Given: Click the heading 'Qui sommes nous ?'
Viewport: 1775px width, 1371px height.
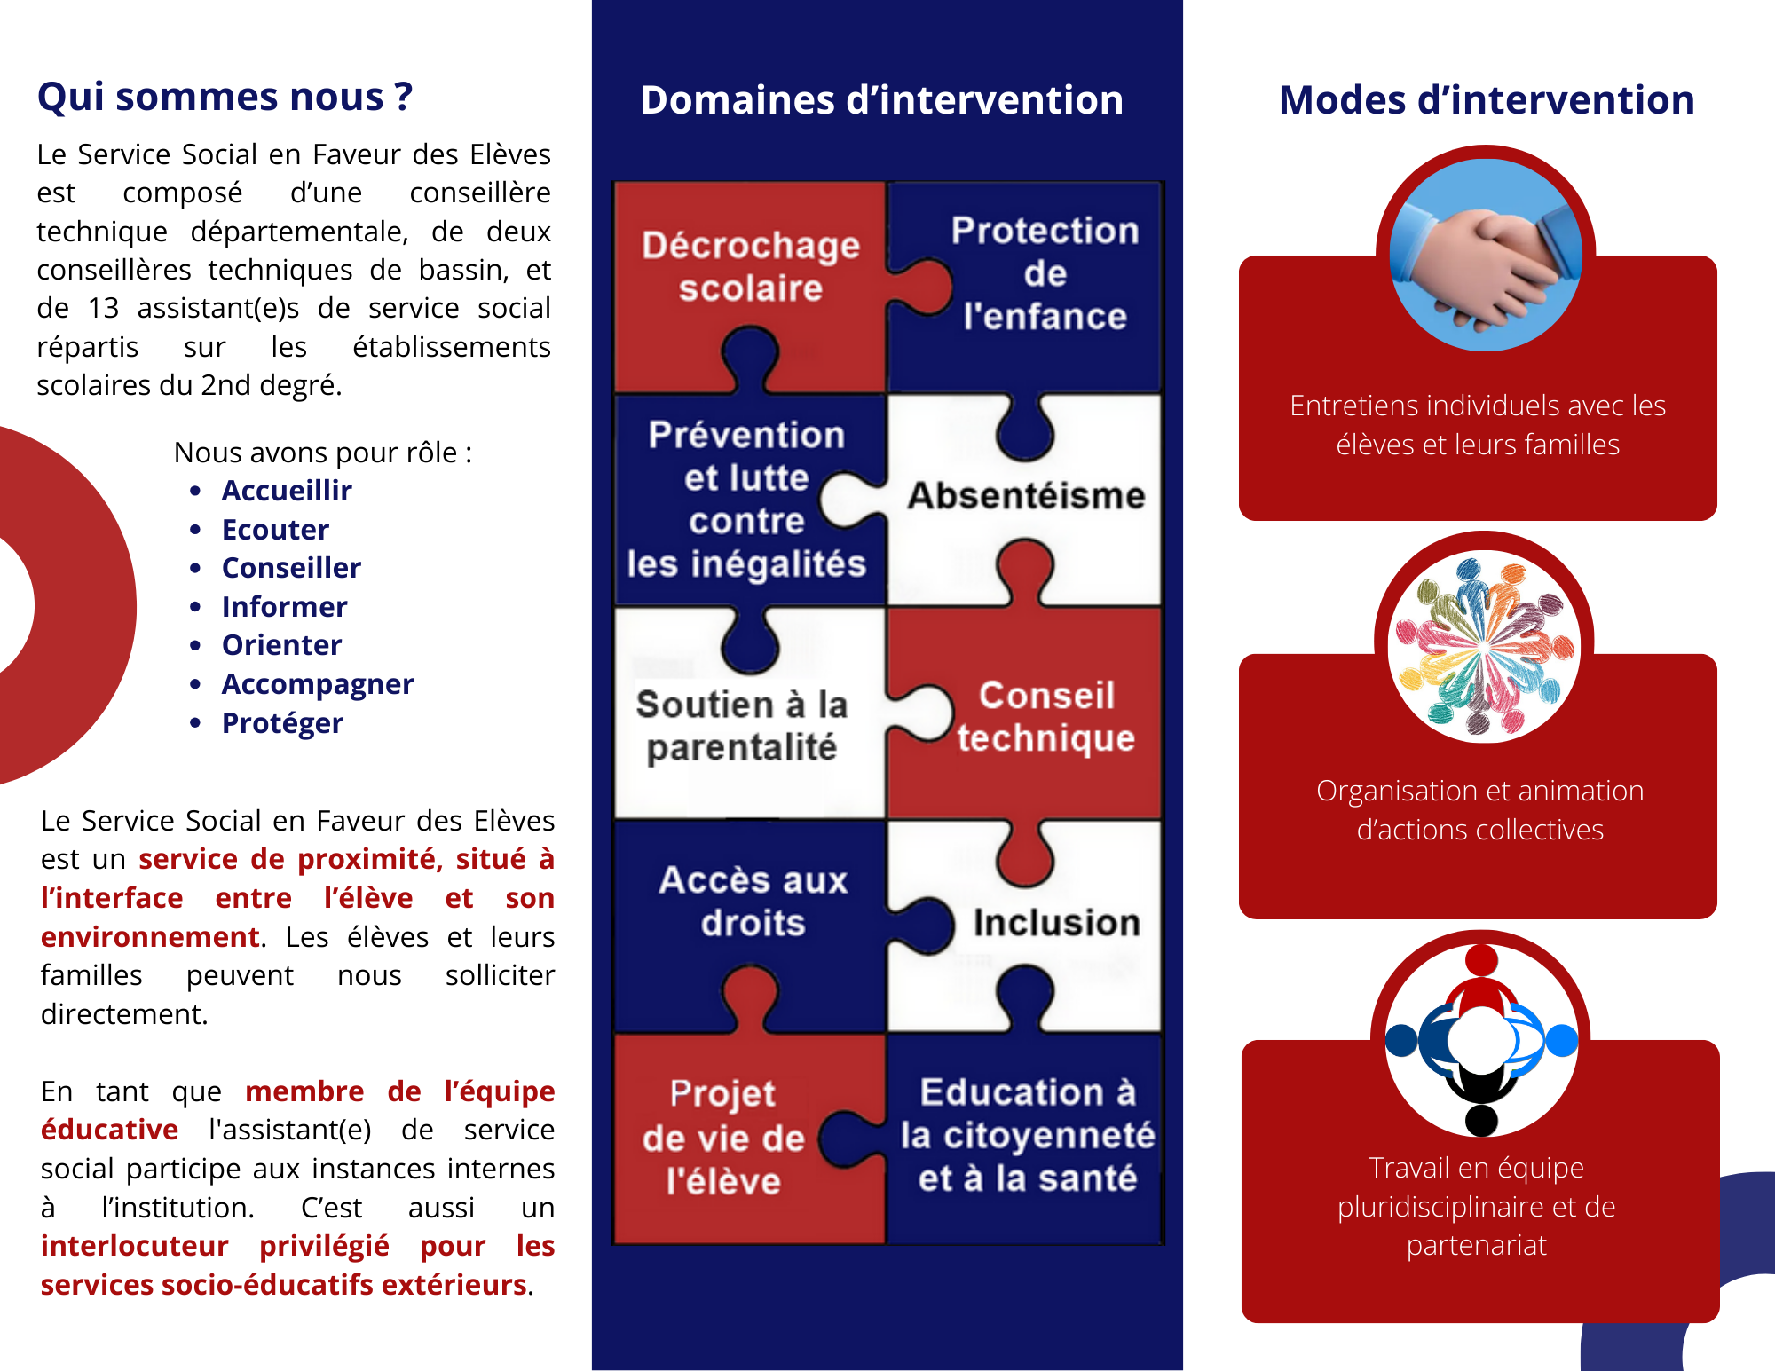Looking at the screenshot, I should [x=225, y=97].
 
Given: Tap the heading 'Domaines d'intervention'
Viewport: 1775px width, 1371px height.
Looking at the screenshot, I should [x=881, y=100].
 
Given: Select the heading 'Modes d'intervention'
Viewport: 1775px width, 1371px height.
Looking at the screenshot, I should [x=1487, y=100].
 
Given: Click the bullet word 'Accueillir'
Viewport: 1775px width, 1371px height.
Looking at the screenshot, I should [x=287, y=491].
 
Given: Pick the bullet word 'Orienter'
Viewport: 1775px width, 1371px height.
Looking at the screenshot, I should [x=281, y=645].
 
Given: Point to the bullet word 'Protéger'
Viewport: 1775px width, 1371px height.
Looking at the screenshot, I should [x=282, y=723].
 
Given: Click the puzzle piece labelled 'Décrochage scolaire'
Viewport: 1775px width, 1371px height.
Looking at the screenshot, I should [x=751, y=266].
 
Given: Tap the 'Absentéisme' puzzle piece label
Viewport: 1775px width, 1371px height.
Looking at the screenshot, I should [x=1026, y=496].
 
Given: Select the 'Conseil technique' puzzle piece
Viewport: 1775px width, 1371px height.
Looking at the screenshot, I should [x=1045, y=717].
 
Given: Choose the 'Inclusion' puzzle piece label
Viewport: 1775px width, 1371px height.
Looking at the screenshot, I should [x=1056, y=923].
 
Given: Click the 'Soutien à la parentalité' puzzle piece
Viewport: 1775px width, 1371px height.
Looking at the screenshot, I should [x=742, y=726].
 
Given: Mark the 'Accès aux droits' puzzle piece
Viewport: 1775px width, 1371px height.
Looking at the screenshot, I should [x=753, y=902].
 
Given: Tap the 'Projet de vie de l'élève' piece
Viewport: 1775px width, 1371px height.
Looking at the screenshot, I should [x=723, y=1138].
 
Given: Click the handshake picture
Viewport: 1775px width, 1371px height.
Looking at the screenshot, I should [x=1485, y=256].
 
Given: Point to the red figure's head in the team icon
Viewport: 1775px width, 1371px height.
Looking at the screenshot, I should [x=1481, y=960].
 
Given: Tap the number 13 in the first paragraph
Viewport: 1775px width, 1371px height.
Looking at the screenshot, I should [x=103, y=308].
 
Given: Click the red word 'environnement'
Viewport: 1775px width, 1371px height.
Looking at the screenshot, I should [x=150, y=937].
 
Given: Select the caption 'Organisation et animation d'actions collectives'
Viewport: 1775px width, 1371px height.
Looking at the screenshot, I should [x=1479, y=809].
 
